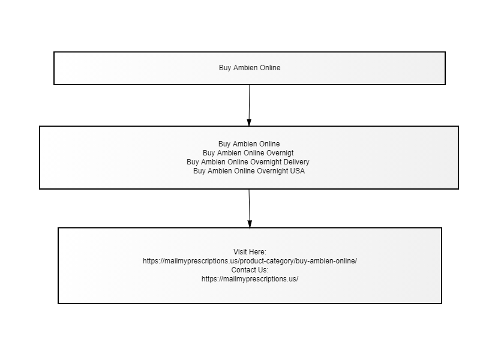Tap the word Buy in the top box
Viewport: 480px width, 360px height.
(x=225, y=68)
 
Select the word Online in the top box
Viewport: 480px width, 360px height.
(x=270, y=68)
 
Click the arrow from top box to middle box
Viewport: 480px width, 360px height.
(x=249, y=106)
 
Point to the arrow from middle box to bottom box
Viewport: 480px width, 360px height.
(x=250, y=209)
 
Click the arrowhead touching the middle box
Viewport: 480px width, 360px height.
(x=249, y=122)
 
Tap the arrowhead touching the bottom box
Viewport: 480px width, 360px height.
(x=250, y=224)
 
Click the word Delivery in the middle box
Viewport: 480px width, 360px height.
(x=296, y=162)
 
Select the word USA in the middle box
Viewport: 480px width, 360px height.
(x=298, y=171)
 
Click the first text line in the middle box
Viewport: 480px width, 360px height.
(x=249, y=144)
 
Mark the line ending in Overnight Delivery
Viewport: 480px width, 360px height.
(x=248, y=162)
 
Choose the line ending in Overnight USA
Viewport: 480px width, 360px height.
(x=249, y=171)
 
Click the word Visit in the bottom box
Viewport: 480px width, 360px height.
(x=239, y=252)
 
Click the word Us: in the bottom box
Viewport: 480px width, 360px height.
(x=263, y=270)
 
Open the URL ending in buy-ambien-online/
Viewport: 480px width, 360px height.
(x=250, y=261)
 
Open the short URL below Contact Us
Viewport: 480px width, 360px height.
(x=250, y=279)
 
